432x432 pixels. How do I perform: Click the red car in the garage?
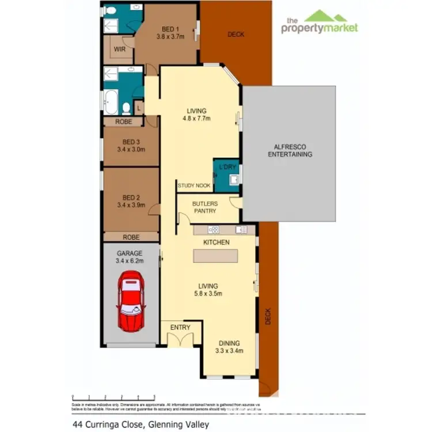pos(131,302)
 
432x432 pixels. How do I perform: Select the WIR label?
pos(120,50)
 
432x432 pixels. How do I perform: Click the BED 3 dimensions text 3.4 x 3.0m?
pos(131,149)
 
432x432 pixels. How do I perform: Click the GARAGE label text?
pos(130,253)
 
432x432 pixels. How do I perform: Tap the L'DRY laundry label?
pos(226,167)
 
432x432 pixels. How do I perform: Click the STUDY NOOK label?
pos(194,185)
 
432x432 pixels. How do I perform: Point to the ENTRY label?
pos(180,327)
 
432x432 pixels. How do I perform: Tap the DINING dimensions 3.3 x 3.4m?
pos(229,350)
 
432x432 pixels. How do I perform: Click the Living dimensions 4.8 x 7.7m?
pos(196,119)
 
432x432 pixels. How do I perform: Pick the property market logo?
pos(320,23)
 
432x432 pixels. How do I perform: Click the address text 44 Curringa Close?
pos(110,425)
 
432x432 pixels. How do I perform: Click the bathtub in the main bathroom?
pos(111,103)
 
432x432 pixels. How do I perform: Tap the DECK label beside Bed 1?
pos(236,35)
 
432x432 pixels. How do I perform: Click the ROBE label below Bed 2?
pos(131,237)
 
